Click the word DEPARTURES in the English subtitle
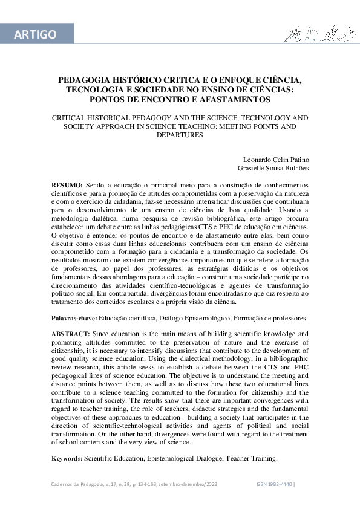click(180, 135)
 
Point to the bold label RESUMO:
click(68, 183)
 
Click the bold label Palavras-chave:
click(74, 317)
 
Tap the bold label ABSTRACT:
click(71, 334)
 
